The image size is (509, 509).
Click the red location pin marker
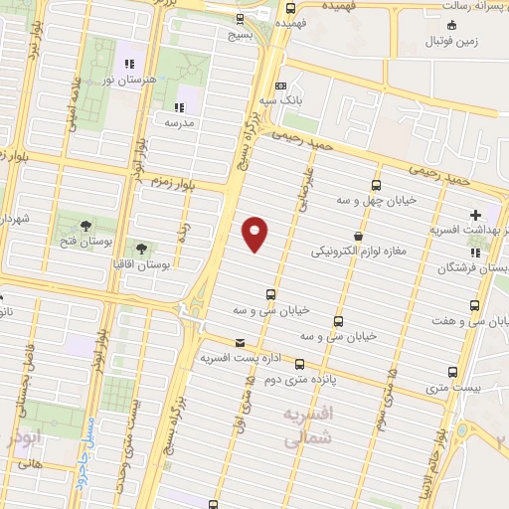pos(255,233)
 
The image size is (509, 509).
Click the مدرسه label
pos(179,123)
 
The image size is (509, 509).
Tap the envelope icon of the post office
pos(240,342)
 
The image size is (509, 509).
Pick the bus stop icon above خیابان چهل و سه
pos(375,185)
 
